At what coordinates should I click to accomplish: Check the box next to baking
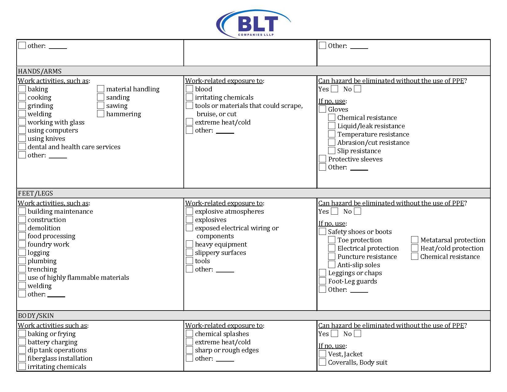(x=22, y=89)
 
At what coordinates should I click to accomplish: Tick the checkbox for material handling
(x=100, y=89)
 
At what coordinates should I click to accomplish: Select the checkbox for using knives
(x=22, y=138)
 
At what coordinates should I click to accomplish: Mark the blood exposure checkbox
(x=189, y=89)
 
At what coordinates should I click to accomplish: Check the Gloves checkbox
(x=322, y=109)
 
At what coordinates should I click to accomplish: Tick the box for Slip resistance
(x=332, y=151)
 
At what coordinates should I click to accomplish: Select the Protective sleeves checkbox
(x=322, y=159)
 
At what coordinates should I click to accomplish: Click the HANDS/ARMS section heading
(x=40, y=71)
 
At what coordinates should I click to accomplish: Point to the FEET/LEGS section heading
(x=36, y=193)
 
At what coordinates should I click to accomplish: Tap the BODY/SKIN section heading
(x=36, y=316)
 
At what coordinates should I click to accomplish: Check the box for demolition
(x=22, y=228)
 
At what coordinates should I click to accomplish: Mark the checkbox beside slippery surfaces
(x=189, y=252)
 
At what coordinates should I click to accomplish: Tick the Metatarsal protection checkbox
(x=415, y=240)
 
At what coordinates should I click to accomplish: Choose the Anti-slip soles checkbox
(x=332, y=265)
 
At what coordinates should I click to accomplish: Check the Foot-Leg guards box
(x=322, y=281)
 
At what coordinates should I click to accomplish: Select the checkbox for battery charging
(x=22, y=342)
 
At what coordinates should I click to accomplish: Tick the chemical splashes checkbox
(x=189, y=334)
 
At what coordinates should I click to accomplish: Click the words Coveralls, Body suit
(x=358, y=362)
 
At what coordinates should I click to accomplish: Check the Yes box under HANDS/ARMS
(x=335, y=89)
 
